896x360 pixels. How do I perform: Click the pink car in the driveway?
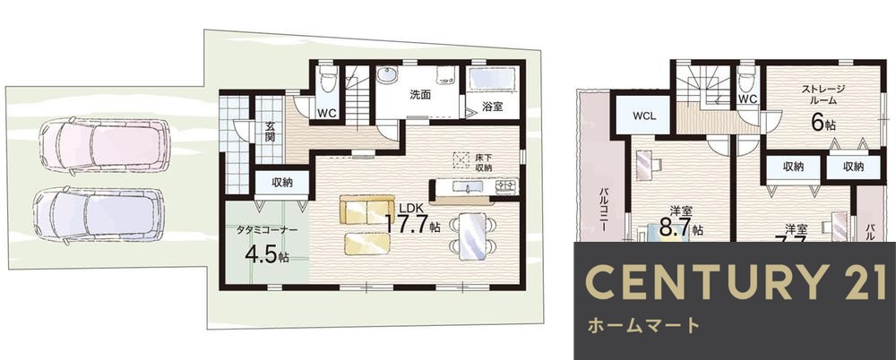(104, 145)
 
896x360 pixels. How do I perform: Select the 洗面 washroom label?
(420, 94)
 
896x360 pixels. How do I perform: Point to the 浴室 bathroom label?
(492, 107)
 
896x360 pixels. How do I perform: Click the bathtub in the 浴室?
(491, 78)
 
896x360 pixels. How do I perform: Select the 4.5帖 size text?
(266, 253)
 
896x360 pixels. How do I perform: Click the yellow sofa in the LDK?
(366, 211)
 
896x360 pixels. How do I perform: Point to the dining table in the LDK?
(471, 236)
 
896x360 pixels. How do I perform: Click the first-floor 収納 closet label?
(281, 183)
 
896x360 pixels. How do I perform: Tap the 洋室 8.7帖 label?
(679, 221)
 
